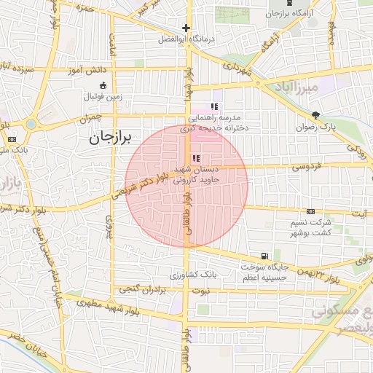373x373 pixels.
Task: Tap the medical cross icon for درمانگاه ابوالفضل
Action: pos(186,29)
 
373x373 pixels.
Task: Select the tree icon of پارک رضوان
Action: pos(315,115)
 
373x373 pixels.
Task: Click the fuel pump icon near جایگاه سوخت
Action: pos(263,256)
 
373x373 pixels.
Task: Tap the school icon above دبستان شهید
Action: pos(195,158)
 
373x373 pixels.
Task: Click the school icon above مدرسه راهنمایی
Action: pos(214,106)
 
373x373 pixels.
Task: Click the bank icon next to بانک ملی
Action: pos(12,139)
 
